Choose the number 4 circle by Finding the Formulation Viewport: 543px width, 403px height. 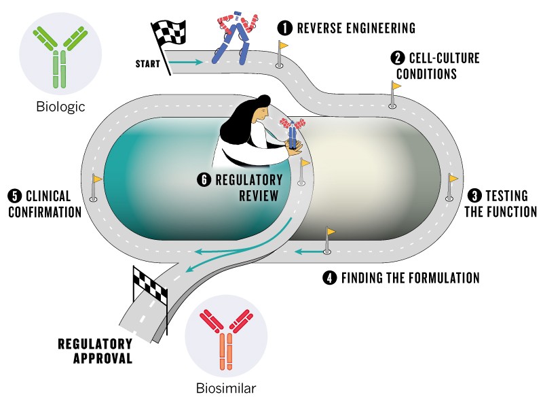331,277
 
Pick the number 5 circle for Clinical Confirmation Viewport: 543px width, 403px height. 14,196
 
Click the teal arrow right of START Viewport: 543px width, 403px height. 185,63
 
